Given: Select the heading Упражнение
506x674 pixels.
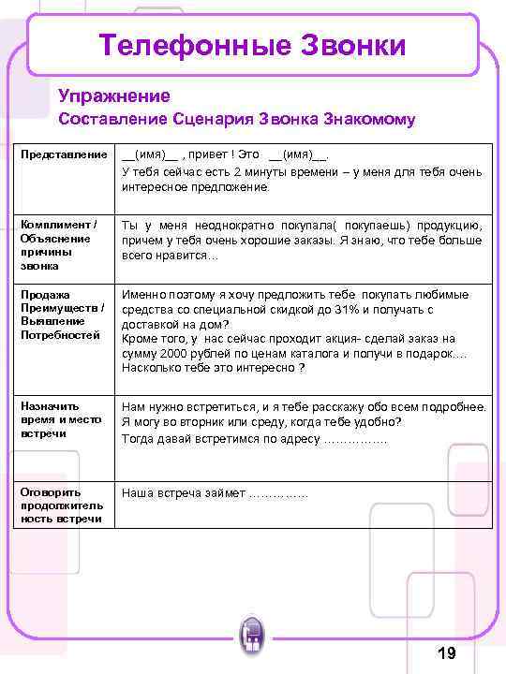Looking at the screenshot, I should point(113,95).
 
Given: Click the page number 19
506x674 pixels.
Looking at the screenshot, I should point(446,652).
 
